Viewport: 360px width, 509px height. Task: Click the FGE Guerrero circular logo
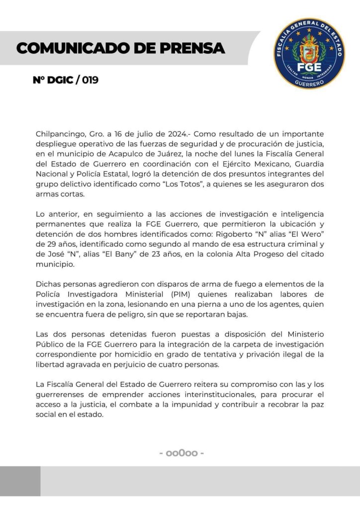309,54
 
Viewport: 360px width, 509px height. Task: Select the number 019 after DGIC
90,80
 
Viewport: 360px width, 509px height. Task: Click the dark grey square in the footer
20,481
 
